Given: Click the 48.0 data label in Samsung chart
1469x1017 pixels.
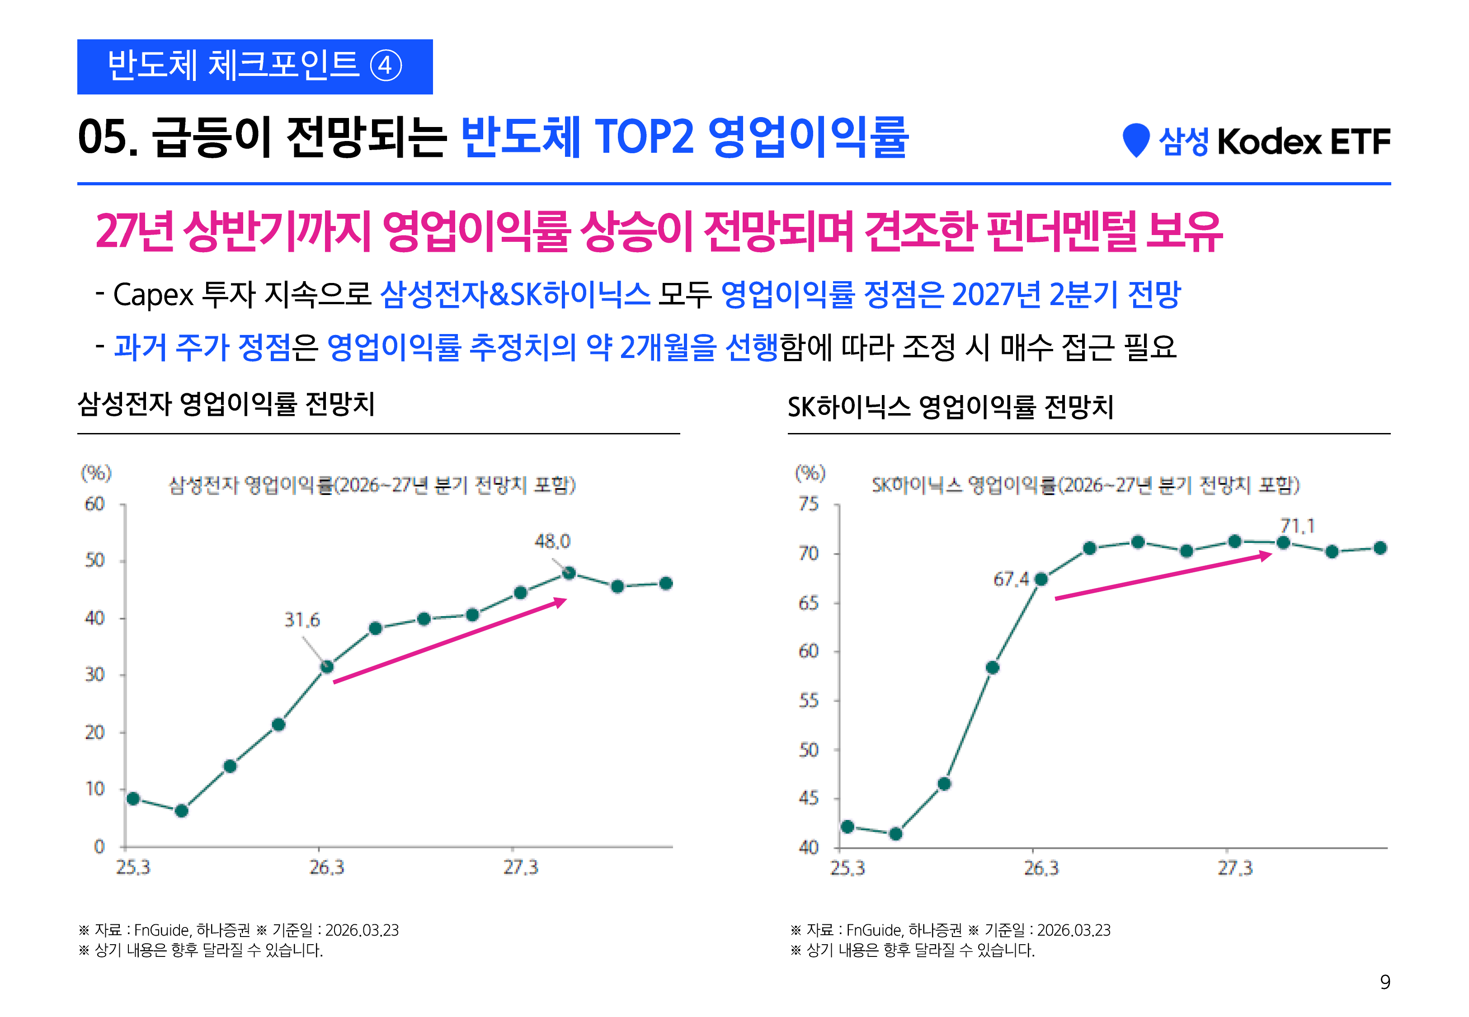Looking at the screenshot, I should click(552, 541).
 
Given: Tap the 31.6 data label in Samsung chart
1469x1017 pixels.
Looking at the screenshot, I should click(302, 620).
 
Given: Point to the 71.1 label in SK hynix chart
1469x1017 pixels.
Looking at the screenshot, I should click(1297, 526).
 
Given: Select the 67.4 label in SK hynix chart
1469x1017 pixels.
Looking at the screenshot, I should click(1011, 579).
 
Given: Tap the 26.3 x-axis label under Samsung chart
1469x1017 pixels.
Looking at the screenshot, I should click(327, 867).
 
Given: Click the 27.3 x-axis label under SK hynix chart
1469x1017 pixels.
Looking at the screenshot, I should click(1234, 868).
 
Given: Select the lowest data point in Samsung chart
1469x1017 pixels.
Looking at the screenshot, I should click(182, 810).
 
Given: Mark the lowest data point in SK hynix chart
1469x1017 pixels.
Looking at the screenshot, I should click(896, 833).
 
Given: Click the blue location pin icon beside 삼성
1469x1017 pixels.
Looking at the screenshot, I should click(1136, 140).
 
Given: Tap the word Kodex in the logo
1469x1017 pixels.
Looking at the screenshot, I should click(1269, 141).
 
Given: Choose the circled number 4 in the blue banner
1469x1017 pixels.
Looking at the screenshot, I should click(386, 66).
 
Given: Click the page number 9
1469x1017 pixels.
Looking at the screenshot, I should click(1385, 982).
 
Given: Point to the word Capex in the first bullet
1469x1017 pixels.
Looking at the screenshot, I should click(153, 295).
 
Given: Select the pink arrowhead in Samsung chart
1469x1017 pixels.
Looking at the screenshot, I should click(560, 602).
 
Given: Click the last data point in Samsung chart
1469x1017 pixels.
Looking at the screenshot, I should click(666, 583).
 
